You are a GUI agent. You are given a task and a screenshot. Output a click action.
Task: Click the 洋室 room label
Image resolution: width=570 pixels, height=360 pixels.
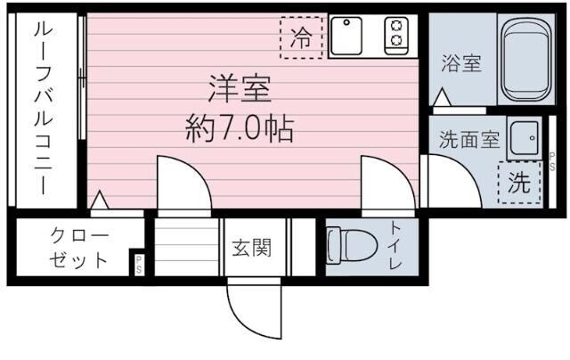pyautogui.click(x=240, y=90)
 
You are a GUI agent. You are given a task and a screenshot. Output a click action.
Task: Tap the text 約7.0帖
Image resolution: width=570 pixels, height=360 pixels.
pyautogui.click(x=239, y=130)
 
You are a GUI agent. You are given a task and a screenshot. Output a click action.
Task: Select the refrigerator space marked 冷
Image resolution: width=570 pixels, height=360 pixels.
pyautogui.click(x=303, y=37)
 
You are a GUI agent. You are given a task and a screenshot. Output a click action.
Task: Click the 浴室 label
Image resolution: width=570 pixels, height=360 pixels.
pyautogui.click(x=461, y=63)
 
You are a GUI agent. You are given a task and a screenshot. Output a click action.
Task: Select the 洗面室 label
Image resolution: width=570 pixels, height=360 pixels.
pyautogui.click(x=473, y=141)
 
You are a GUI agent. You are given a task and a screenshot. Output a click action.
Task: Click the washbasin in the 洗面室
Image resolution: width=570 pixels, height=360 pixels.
pyautogui.click(x=525, y=138)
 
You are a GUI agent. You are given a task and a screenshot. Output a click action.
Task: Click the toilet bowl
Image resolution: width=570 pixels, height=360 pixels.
pyautogui.click(x=342, y=244)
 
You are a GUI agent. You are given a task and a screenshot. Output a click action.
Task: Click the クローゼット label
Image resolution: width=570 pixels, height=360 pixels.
pyautogui.click(x=78, y=249)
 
